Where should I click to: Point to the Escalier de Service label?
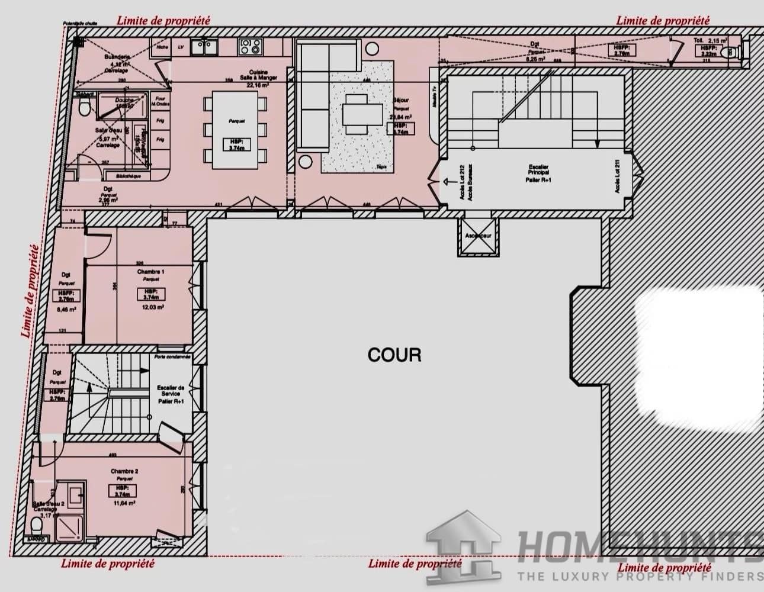point(171,394)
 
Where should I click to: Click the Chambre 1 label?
point(151,272)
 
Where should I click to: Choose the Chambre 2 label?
point(124,471)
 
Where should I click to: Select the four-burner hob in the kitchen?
point(249,46)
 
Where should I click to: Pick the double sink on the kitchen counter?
point(207,46)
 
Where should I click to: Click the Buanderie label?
point(116,57)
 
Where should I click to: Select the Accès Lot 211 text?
point(618,177)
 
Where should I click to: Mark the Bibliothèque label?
point(128,176)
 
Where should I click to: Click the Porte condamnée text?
point(172,357)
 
